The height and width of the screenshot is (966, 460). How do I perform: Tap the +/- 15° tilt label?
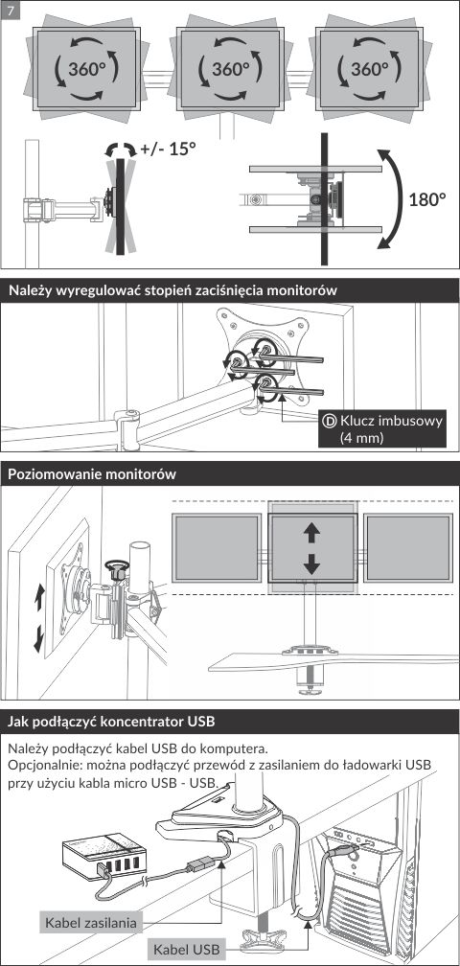tap(168, 149)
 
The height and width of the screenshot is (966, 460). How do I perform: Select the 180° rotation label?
tap(426, 199)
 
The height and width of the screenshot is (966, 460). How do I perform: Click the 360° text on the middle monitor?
tap(230, 68)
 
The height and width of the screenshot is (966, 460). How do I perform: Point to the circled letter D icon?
tap(330, 422)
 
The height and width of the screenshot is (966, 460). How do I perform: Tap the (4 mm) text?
tap(361, 438)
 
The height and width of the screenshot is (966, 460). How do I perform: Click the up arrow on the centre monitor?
tap(311, 533)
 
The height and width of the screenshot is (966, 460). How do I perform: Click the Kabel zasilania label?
tap(90, 922)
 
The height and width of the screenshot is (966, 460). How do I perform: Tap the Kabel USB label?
tap(186, 949)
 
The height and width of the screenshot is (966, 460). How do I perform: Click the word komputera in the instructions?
tap(236, 749)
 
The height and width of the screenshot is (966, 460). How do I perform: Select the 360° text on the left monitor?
tap(85, 68)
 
